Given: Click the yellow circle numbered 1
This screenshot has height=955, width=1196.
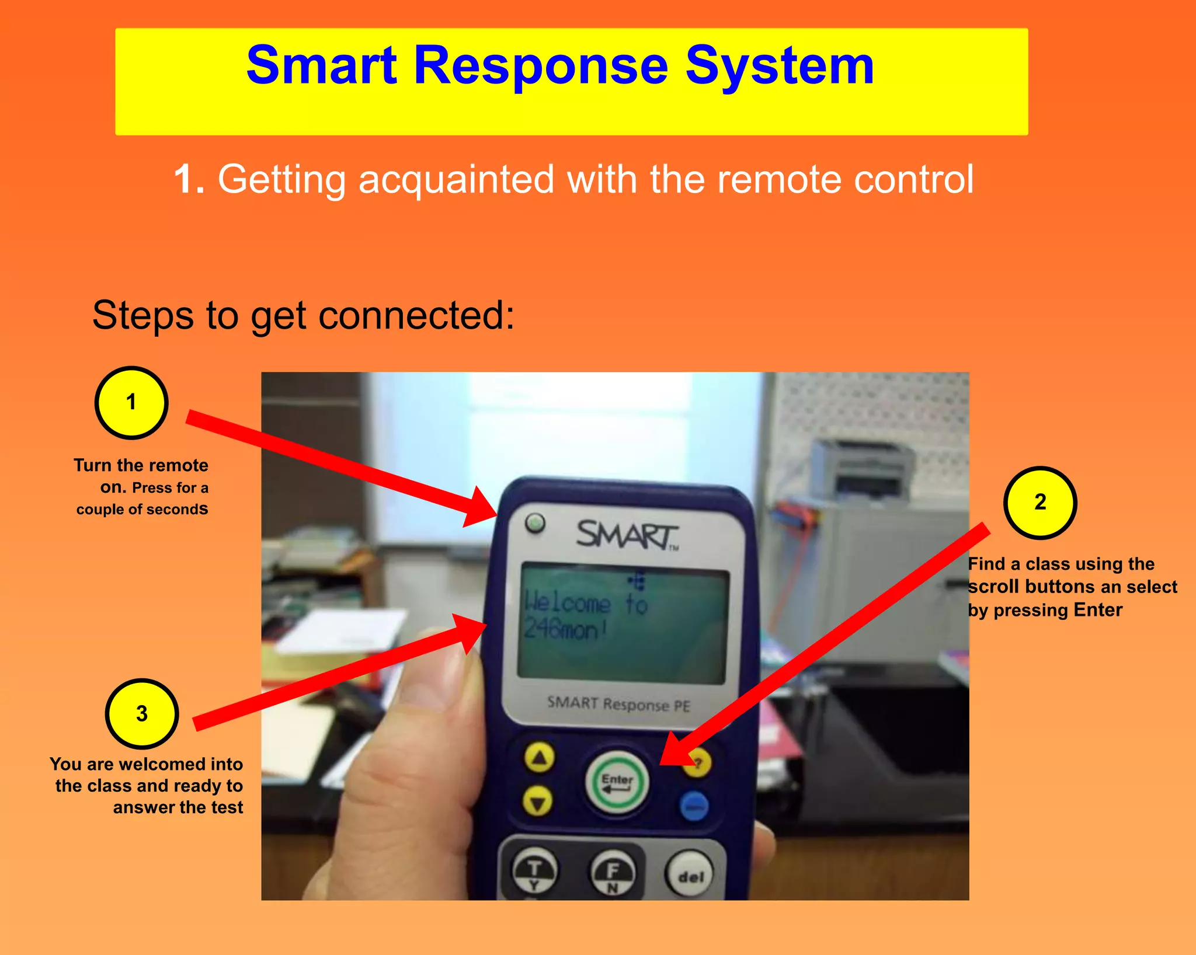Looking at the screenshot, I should coord(131,403).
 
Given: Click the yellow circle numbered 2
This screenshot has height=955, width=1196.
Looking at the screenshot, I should coord(1040,503).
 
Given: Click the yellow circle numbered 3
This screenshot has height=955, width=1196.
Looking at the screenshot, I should coord(142,713).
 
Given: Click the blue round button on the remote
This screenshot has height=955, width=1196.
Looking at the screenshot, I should coord(694,806).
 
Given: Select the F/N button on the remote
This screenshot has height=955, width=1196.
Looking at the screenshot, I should coord(612,874).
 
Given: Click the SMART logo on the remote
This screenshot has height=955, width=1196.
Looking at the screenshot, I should coord(627,535).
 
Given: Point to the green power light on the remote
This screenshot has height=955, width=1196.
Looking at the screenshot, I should coord(535,522).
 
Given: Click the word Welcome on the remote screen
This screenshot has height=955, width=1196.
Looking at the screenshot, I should coord(567,602).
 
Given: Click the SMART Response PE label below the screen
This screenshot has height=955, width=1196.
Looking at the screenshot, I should coord(618,704).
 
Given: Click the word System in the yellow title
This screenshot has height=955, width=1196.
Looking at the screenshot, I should coord(779,65).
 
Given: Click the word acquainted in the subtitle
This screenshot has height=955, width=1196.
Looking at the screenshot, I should coord(456,180).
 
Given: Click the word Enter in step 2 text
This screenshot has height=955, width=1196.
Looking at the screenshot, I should coord(1098,610).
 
